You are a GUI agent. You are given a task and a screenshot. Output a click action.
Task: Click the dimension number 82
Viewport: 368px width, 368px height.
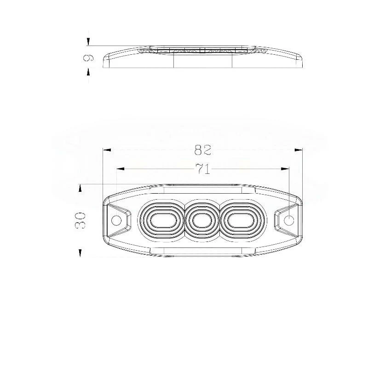(x=202, y=150)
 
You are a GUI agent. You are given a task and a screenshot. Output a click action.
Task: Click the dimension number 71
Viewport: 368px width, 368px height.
(x=202, y=169)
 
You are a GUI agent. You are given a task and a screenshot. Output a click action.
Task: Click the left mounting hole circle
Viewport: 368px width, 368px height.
(x=117, y=220)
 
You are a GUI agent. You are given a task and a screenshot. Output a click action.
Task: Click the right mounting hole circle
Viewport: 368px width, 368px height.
(x=289, y=220)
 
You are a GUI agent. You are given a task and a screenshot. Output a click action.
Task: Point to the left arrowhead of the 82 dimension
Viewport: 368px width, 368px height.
(x=107, y=150)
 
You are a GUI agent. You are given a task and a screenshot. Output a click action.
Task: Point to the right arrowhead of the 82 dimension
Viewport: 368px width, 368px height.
(x=299, y=150)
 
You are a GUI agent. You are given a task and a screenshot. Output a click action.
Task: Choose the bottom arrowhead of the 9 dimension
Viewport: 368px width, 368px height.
(x=88, y=72)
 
